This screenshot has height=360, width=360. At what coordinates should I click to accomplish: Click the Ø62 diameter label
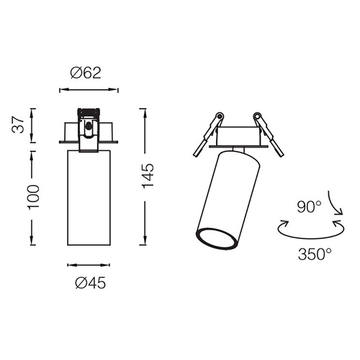click(86, 73)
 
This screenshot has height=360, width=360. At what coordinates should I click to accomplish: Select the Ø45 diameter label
click(90, 283)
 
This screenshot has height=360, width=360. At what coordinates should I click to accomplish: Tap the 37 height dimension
click(18, 125)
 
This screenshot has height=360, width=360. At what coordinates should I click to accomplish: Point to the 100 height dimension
click(34, 197)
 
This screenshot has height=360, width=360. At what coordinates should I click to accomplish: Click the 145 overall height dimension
click(148, 176)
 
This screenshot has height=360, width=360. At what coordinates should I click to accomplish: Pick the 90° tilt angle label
click(309, 207)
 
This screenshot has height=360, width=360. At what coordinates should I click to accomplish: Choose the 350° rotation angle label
click(315, 254)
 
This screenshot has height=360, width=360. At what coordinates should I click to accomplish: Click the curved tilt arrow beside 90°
click(336, 202)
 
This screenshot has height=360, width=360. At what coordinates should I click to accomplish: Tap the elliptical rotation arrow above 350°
click(311, 238)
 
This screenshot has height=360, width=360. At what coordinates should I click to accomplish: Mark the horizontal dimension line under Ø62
click(89, 90)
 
